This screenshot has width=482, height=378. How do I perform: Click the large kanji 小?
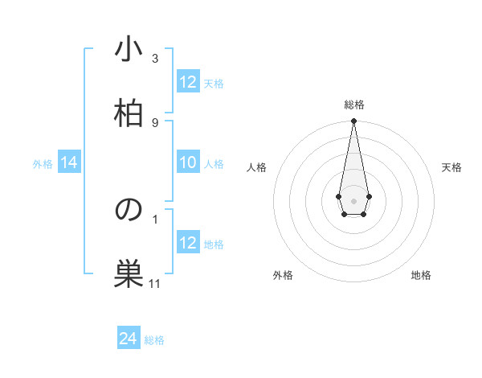(129, 50)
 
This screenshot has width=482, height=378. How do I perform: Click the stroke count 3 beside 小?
(155, 59)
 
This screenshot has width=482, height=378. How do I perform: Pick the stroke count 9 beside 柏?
(155, 122)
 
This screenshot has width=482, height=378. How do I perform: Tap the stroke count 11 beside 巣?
(155, 283)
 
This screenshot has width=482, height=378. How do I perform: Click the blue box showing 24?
(129, 339)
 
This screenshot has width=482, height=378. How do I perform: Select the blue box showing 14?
(69, 163)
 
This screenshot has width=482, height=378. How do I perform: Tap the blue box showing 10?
(188, 163)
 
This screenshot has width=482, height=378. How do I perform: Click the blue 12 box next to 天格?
(188, 82)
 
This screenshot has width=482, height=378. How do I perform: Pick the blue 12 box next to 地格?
(188, 243)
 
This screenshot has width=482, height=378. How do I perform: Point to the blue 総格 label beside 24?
(154, 340)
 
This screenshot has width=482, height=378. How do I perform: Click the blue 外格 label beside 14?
(43, 164)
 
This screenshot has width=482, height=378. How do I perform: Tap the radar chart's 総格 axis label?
(353, 105)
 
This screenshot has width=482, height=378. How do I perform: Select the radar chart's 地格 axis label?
(421, 275)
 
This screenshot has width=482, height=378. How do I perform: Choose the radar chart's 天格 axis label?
(451, 167)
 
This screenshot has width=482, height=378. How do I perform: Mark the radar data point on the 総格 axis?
(353, 121)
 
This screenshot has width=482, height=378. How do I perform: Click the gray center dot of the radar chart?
(353, 199)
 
